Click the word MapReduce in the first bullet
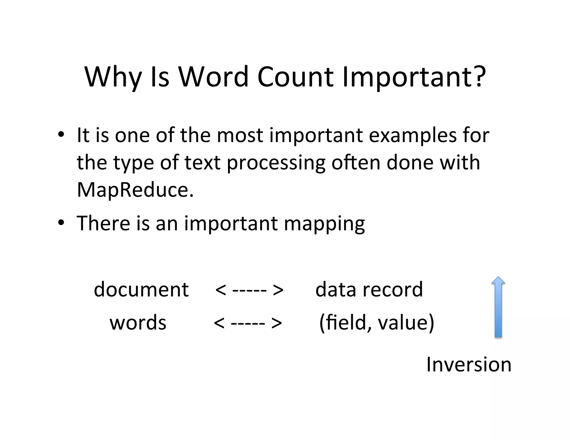(x=135, y=190)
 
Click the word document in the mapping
(x=141, y=290)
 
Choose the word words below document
(x=138, y=323)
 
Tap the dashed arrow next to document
(x=249, y=290)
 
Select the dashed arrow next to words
(x=248, y=323)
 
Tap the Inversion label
(x=469, y=364)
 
